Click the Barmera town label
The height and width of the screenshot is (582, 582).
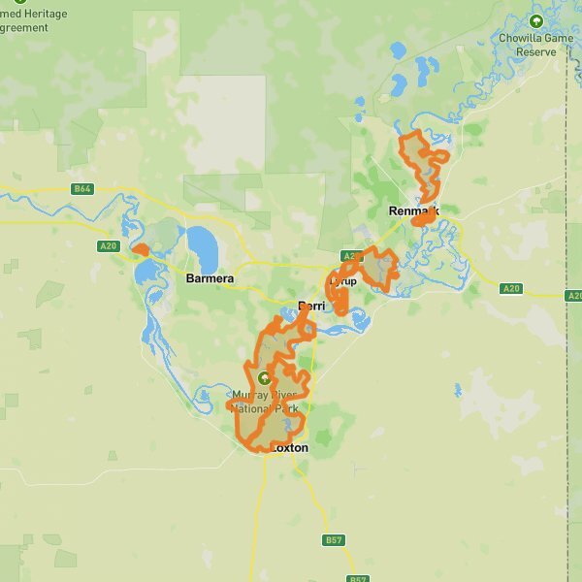210,278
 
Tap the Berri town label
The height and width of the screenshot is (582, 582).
311,306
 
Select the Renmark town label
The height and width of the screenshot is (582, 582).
413,210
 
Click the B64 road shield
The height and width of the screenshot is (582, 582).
82,189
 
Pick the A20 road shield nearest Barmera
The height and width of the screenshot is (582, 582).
108,246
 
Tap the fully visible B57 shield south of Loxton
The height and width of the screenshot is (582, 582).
334,539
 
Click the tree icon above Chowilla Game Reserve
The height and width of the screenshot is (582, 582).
535,20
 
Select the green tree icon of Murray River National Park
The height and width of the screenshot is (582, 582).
265,377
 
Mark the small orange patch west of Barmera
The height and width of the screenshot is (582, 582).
142,249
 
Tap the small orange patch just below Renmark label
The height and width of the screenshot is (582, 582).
423,220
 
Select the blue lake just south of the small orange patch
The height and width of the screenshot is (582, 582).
146,272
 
